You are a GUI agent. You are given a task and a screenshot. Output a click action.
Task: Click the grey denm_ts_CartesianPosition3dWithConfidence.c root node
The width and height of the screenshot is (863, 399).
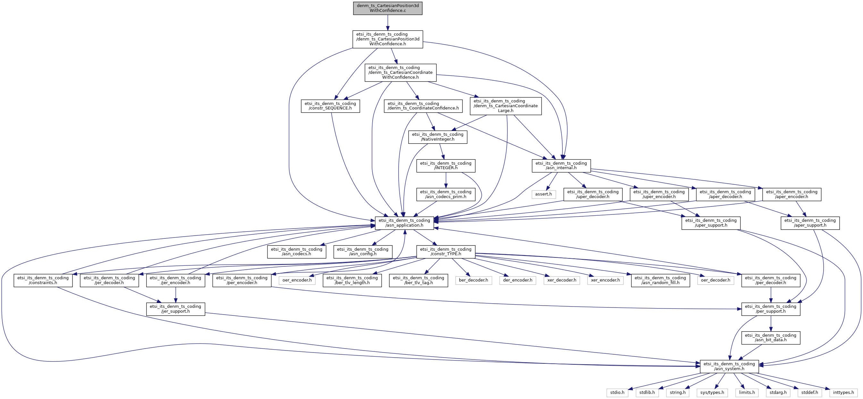(388, 8)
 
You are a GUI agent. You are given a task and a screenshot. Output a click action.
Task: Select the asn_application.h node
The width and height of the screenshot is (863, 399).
(404, 223)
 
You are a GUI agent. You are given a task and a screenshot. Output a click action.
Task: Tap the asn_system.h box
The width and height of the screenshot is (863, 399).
(729, 366)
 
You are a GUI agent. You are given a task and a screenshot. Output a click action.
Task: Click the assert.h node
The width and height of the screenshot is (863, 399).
(543, 194)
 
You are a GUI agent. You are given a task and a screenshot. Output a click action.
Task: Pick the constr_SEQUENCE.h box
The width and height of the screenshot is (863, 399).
(330, 106)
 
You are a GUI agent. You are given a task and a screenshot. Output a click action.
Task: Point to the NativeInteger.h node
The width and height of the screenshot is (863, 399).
(437, 137)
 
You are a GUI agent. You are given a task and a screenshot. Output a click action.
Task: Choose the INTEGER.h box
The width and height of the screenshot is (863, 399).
(445, 166)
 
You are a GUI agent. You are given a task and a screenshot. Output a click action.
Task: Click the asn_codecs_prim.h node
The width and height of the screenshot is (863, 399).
(445, 195)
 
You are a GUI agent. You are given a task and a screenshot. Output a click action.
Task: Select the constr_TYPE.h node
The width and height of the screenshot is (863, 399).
(445, 251)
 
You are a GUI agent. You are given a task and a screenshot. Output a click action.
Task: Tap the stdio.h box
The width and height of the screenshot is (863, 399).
(617, 392)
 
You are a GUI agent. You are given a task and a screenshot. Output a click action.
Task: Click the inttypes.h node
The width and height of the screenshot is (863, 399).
(843, 392)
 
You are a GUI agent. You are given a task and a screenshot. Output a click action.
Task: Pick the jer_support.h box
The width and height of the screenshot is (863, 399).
(175, 309)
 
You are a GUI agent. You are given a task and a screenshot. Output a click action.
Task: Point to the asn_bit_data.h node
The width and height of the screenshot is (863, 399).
(771, 338)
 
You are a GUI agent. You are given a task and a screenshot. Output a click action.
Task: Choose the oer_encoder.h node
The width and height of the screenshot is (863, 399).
(297, 280)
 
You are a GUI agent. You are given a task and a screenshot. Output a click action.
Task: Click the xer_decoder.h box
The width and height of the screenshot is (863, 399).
(562, 280)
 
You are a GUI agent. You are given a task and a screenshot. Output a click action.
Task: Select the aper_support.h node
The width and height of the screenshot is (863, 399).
(810, 223)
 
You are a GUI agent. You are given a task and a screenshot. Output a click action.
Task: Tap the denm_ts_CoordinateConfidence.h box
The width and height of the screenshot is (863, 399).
(423, 106)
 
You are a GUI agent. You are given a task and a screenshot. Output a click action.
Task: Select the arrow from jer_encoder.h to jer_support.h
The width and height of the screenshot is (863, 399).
(175, 295)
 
